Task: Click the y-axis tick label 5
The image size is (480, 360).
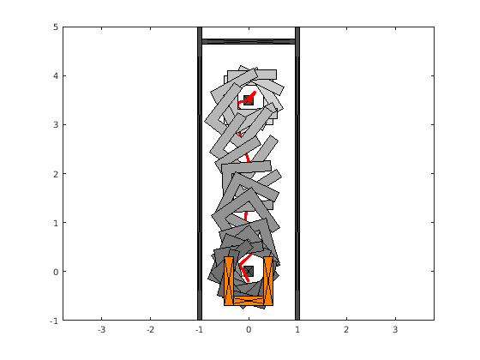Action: click(56, 27)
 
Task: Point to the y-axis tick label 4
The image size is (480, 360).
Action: click(56, 76)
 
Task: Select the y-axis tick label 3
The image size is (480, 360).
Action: click(56, 125)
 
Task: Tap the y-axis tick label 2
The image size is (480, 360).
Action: click(56, 174)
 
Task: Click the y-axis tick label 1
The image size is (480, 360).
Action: click(56, 223)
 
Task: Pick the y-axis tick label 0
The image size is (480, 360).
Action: click(56, 272)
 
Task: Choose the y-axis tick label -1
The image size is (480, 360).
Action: click(54, 321)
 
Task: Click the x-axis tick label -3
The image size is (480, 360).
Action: click(102, 330)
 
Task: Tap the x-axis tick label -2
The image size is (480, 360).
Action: click(151, 330)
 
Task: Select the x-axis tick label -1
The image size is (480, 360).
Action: click(199, 330)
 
